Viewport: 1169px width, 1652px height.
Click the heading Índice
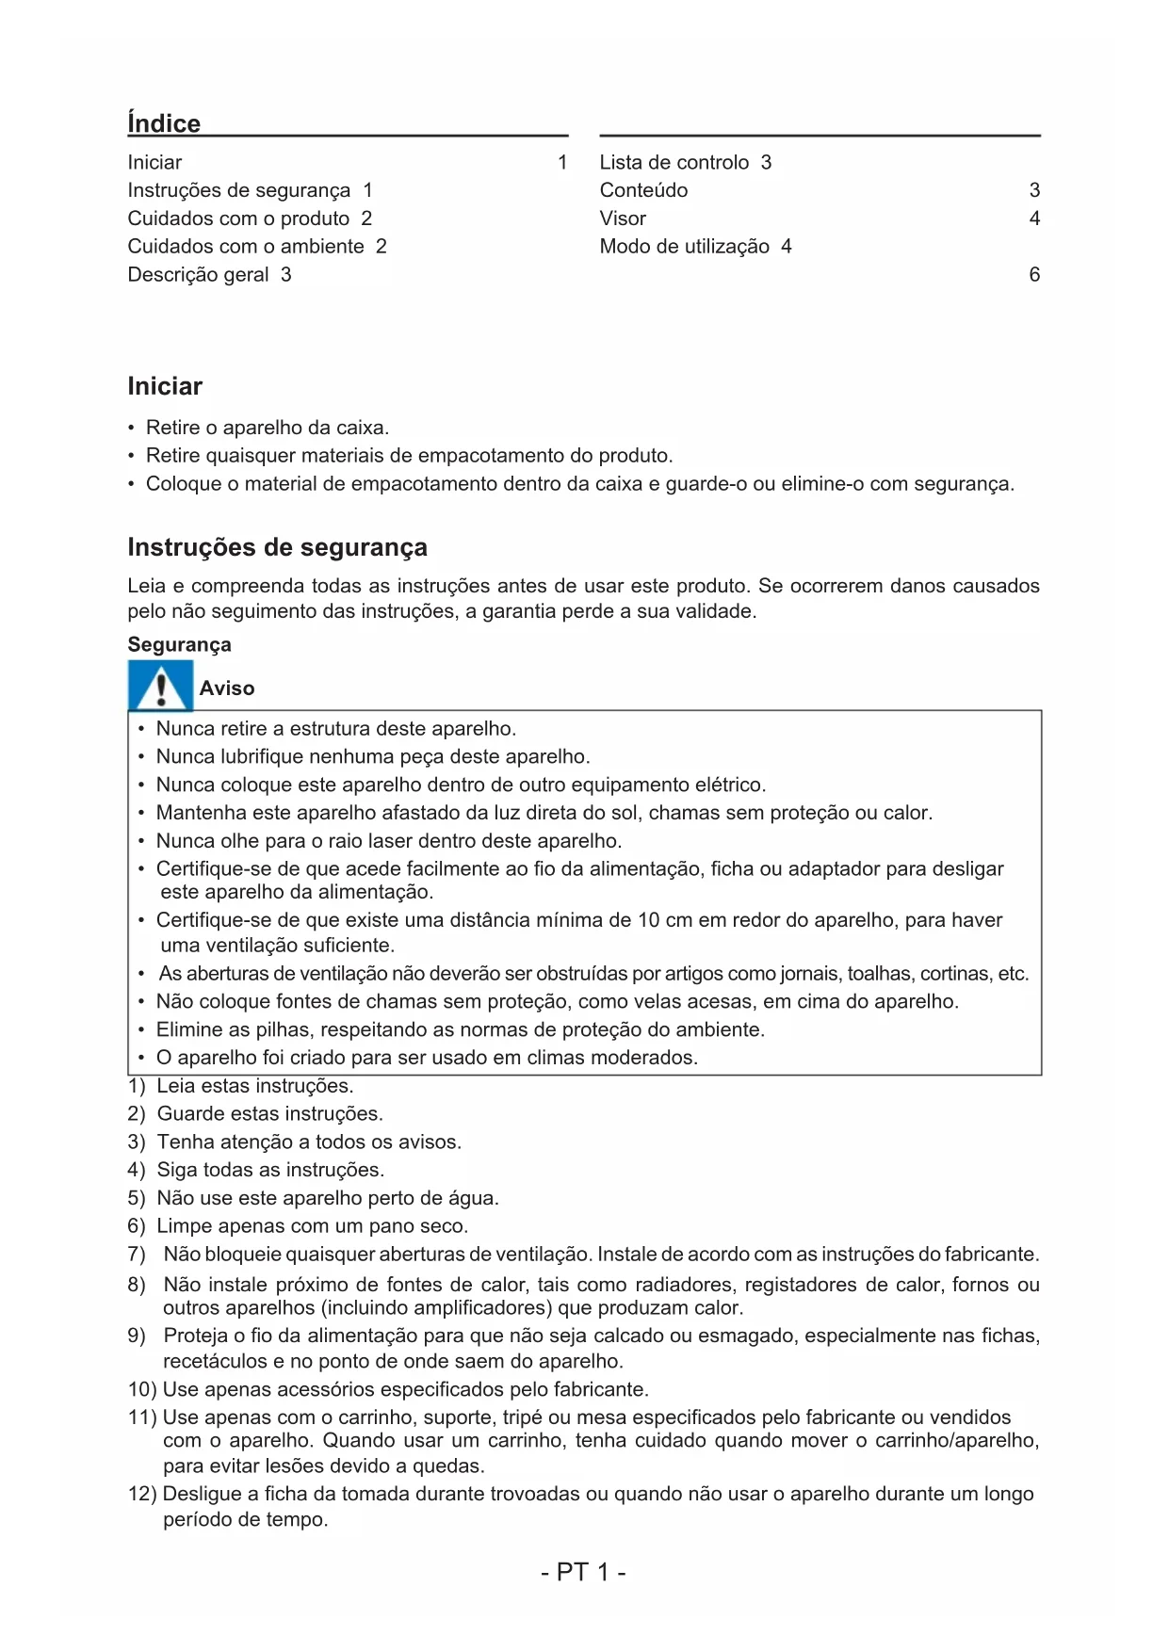[164, 123]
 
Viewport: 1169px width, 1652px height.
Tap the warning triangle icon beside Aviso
[160, 687]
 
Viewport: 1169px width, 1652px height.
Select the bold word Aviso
[227, 688]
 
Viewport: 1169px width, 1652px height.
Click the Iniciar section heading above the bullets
[165, 386]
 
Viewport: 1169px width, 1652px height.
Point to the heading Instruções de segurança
[277, 547]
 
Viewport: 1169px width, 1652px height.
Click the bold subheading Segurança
[179, 645]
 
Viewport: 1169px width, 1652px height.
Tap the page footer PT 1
[584, 1572]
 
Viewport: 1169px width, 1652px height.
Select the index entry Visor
[623, 219]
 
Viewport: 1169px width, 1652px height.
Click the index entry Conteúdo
[643, 190]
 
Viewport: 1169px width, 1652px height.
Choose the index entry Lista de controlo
[674, 162]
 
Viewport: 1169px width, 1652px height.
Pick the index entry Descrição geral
[199, 275]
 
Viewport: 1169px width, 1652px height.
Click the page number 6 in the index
[1034, 275]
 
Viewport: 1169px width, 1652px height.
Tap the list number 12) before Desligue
[142, 1494]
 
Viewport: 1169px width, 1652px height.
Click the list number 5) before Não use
[137, 1198]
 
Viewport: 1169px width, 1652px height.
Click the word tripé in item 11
[522, 1417]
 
